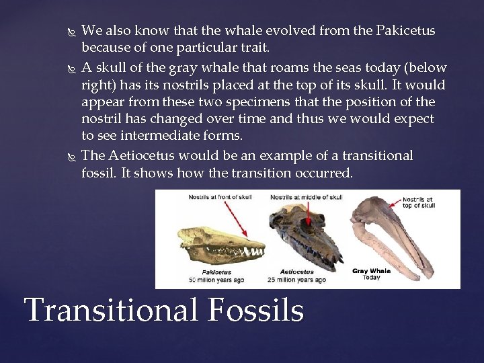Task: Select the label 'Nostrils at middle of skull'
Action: pos(306,197)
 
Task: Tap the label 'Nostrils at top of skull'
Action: pos(419,202)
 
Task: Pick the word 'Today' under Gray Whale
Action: pos(371,277)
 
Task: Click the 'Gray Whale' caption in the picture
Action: pos(371,271)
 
